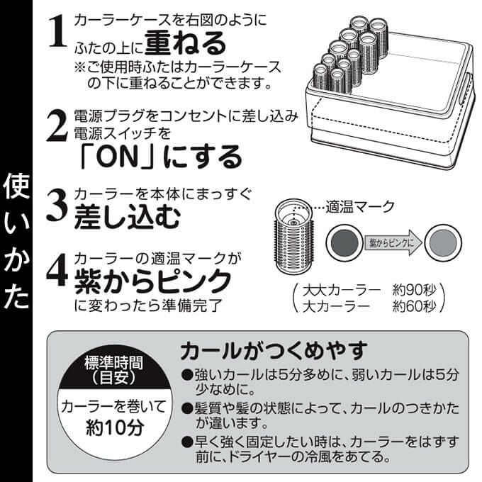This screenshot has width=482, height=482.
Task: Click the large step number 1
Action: [58, 32]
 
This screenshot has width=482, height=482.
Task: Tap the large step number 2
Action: [57, 125]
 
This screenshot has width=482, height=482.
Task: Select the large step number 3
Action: [57, 204]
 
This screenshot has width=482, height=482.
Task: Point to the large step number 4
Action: [57, 270]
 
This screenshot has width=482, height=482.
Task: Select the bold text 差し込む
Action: [127, 217]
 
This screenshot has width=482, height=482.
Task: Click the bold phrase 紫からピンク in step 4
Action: [153, 281]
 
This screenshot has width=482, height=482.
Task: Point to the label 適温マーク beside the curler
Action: [360, 206]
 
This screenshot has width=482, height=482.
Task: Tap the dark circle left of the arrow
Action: [344, 243]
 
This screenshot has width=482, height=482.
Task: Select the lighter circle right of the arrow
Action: [443, 243]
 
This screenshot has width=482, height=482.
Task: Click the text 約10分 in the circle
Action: [115, 427]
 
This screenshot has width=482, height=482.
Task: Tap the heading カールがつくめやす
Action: [274, 351]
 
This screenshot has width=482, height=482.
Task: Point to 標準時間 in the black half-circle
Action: [113, 363]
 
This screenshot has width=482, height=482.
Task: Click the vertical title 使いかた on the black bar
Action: [16, 241]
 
